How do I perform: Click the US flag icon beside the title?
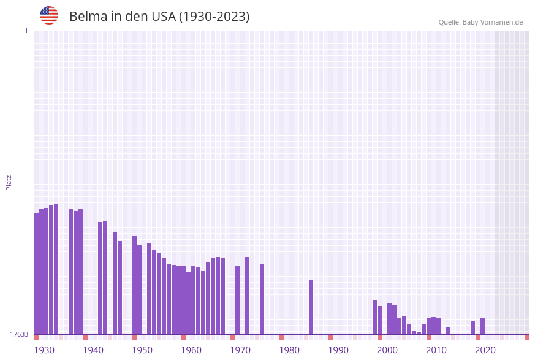[x=49, y=15]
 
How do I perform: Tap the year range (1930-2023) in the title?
[x=214, y=17]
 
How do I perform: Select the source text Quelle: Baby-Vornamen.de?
[x=480, y=22]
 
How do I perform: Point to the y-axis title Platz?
[x=9, y=182]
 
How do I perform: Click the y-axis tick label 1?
[x=26, y=31]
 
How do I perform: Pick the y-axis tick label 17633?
[x=19, y=334]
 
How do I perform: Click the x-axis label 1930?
[x=44, y=350]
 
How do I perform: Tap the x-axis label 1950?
[x=142, y=350]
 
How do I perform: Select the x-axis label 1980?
[x=289, y=350]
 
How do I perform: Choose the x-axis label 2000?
[x=387, y=350]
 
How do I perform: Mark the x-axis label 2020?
[x=485, y=350]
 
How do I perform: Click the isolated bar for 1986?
[x=311, y=307]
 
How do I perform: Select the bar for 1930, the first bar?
[x=36, y=273]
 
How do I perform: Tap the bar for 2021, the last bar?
[x=482, y=326]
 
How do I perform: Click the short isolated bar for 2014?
[x=448, y=331]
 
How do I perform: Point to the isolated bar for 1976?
[x=262, y=299]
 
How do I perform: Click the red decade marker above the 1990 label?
[x=330, y=337]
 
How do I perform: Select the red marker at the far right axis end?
[x=526, y=337]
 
